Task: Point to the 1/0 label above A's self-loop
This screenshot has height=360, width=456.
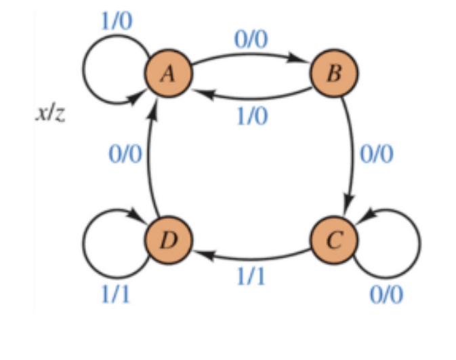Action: coord(117,20)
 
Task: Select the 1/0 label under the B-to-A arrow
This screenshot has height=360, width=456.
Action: coord(251,116)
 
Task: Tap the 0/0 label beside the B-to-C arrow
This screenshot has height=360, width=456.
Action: coord(376,155)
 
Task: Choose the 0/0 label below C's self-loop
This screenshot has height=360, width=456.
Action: coord(387,296)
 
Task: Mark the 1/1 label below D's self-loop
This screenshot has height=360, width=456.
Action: coord(117,296)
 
